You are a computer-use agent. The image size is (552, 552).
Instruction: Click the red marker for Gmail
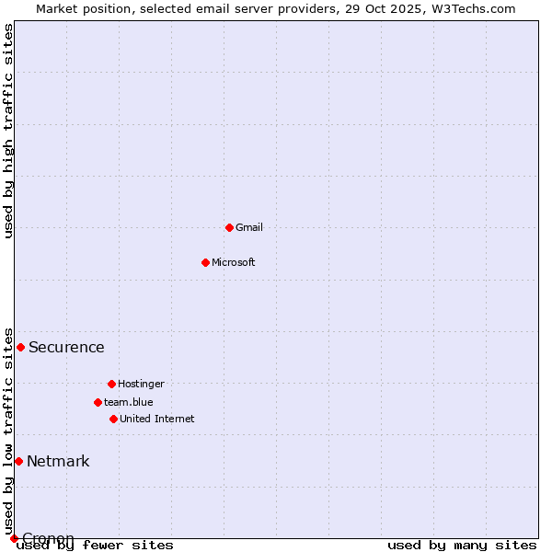[229, 227]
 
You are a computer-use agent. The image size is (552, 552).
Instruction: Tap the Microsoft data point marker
[205, 262]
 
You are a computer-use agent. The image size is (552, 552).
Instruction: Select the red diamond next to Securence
[20, 347]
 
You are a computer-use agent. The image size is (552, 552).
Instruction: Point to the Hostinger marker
[111, 384]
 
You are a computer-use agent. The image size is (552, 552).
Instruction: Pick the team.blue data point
[98, 402]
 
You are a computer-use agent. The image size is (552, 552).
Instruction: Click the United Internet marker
[113, 419]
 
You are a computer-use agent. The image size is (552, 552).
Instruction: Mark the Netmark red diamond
[18, 461]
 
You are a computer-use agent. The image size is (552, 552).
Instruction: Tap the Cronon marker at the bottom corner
[14, 538]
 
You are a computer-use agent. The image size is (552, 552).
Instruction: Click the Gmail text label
[249, 227]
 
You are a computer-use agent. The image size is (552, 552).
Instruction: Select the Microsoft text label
[234, 262]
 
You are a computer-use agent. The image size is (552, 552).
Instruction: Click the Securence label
[66, 347]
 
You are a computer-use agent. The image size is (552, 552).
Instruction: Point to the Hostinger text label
[141, 384]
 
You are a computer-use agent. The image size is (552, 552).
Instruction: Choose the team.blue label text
[129, 402]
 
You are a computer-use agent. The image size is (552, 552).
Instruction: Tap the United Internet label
[157, 419]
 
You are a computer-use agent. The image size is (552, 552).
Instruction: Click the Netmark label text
[58, 461]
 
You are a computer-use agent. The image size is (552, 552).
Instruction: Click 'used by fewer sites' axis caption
[95, 545]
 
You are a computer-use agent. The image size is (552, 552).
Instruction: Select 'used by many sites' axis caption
[462, 545]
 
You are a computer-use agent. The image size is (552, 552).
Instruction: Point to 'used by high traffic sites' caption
[9, 131]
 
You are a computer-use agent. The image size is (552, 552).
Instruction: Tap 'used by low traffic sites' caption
[9, 431]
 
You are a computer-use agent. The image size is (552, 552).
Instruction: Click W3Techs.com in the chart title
[473, 8]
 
